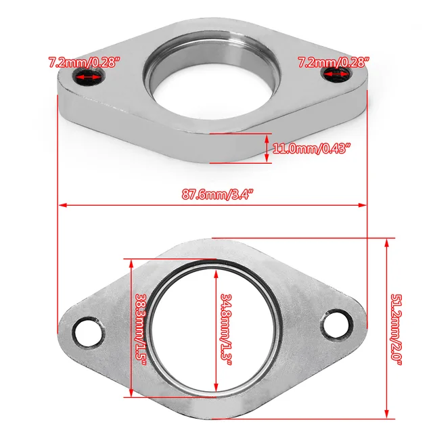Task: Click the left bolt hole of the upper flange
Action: coord(87,78)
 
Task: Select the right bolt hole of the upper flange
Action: coord(343,78)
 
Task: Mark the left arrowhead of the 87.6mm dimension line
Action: coord(62,203)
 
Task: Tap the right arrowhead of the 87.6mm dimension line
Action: coord(363,203)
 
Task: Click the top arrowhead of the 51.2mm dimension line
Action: coord(386,242)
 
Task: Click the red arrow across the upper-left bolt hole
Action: coord(87,78)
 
